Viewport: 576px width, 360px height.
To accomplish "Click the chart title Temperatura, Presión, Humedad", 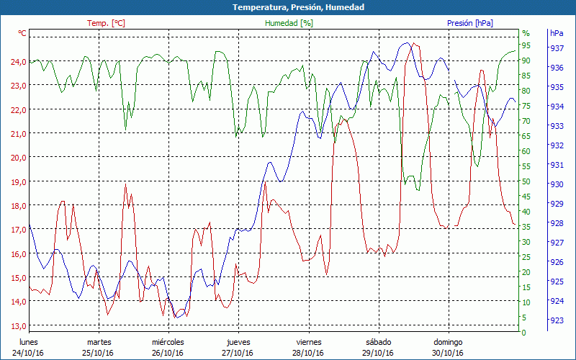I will (288, 7).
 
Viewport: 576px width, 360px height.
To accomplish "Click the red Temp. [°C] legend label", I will (106, 23).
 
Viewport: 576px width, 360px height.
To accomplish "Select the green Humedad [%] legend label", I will (289, 23).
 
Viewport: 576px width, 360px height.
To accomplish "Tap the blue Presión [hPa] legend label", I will (469, 23).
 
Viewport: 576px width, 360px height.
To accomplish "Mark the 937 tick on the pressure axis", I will (557, 48).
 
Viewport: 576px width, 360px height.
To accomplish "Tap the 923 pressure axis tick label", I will (557, 320).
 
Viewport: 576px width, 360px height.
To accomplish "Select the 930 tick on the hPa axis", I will (557, 184).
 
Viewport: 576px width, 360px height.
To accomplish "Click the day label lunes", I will (29, 342).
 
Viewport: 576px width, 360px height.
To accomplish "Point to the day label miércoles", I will (168, 342).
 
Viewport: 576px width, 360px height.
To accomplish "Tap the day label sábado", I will (378, 342).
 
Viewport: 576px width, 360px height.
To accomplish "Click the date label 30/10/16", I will (447, 353).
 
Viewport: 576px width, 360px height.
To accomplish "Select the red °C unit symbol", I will (22, 33).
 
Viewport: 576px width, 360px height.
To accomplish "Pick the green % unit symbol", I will (526, 33).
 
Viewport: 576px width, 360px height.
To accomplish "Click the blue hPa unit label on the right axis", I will (557, 33).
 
